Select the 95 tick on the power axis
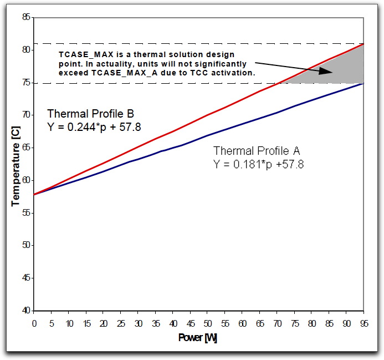pyautogui.click(x=363, y=323)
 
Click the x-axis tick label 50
pyautogui.click(x=207, y=323)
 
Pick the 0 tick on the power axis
pyautogui.click(x=34, y=323)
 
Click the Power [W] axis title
pyautogui.click(x=198, y=338)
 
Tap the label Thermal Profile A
pyautogui.click(x=257, y=151)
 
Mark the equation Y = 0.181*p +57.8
pyautogui.click(x=258, y=164)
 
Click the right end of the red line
pyautogui.click(x=363, y=43)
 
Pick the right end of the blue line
pyautogui.click(x=363, y=83)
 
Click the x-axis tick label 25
pyautogui.click(x=120, y=323)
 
